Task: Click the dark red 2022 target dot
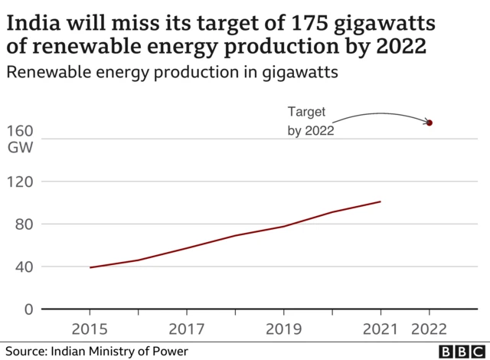point(430,123)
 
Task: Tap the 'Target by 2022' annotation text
point(311,121)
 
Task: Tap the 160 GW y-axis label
point(20,139)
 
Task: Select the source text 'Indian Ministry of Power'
point(119,351)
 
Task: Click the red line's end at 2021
point(380,201)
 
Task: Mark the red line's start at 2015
point(90,267)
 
